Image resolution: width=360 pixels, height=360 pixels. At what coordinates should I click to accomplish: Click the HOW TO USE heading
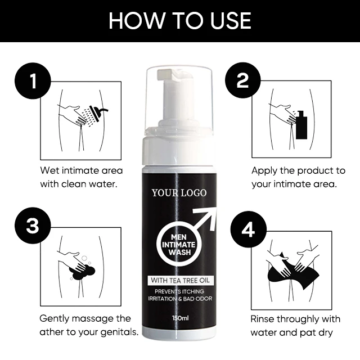click(x=180, y=21)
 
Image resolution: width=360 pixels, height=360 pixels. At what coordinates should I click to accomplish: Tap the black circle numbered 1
click(x=33, y=81)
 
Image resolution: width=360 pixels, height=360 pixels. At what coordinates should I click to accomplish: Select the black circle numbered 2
click(x=242, y=80)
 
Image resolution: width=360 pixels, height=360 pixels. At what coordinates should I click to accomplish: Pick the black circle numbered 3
click(x=33, y=226)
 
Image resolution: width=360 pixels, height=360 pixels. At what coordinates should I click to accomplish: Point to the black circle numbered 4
click(x=249, y=229)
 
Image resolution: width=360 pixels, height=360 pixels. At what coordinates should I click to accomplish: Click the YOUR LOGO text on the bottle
click(x=179, y=193)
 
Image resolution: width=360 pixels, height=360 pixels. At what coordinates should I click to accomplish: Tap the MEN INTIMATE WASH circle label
click(x=179, y=245)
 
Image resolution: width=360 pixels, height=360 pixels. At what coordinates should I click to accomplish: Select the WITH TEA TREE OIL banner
click(x=181, y=280)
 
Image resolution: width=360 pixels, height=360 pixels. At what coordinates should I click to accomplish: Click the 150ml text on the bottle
click(x=180, y=318)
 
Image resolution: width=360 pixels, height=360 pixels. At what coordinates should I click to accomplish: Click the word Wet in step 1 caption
click(x=50, y=170)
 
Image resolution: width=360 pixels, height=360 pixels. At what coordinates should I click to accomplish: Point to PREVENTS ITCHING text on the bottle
click(x=179, y=291)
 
